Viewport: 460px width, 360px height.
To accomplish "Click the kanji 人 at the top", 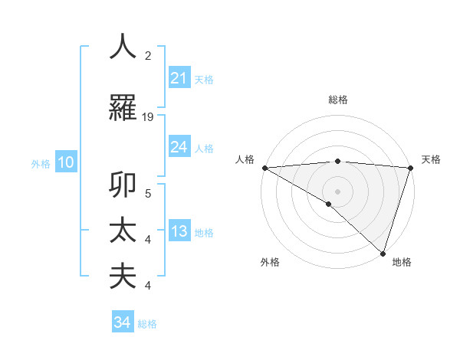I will point(123,47).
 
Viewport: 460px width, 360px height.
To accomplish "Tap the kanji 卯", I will point(123,185).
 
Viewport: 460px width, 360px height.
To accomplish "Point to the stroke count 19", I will point(148,117).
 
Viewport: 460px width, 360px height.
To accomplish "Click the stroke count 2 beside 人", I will point(148,56).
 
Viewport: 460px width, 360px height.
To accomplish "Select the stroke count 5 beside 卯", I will point(148,193).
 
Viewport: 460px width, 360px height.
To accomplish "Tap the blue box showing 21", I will point(179,78).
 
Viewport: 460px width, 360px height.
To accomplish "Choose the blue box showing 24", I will point(179,147).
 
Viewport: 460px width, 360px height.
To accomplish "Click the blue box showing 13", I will point(179,232).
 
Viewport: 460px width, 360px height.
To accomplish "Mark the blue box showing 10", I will point(65,162).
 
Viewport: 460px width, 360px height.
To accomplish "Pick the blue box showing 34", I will point(123,322).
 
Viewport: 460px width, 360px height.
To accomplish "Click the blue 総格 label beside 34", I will point(147,324).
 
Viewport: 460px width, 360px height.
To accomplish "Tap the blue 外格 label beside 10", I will point(41,163).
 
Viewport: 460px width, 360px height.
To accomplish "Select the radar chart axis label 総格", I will point(337,100).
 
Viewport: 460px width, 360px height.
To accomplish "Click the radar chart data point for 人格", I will point(264,168).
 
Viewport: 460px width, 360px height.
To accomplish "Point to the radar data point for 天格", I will point(410,168).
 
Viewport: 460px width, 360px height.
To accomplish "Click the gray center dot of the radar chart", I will point(337,191).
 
